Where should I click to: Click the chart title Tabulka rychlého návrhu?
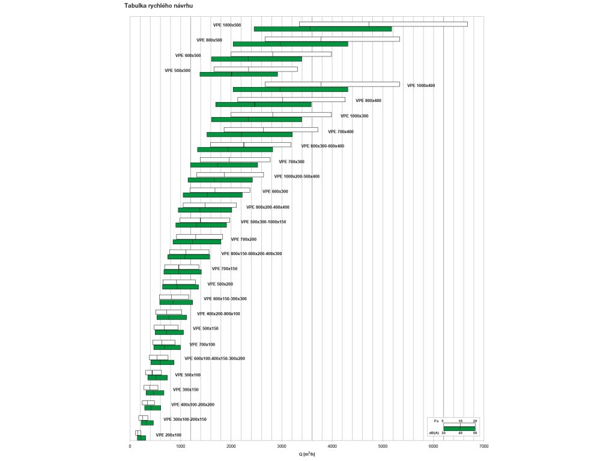click(159, 5)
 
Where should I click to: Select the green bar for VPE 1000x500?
click(323, 29)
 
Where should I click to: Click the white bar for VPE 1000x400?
click(332, 84)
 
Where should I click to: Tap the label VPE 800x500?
click(209, 40)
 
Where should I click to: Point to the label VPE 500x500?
click(177, 70)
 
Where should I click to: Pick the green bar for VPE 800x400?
click(263, 104)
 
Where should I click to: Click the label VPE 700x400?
click(341, 131)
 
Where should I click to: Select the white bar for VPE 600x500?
click(281, 54)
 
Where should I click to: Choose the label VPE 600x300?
click(275, 191)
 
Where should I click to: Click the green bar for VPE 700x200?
click(196, 242)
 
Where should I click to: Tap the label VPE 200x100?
click(168, 435)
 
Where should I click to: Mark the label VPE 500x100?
click(188, 375)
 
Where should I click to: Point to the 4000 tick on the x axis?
click(332, 447)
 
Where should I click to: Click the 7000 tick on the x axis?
click(484, 447)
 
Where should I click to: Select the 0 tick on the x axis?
click(130, 447)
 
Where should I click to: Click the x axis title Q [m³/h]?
click(307, 454)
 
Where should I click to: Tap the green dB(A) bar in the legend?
click(459, 429)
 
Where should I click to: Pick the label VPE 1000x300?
click(354, 116)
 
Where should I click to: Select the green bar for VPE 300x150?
click(154, 393)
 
